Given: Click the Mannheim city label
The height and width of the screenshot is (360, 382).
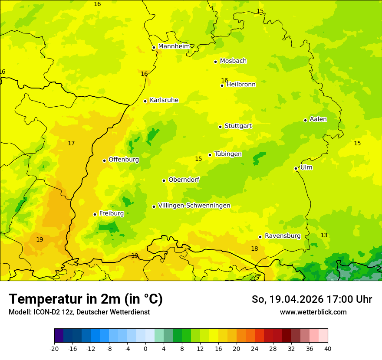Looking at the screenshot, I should (174, 46).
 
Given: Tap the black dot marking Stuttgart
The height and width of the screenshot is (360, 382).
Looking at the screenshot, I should (220, 127).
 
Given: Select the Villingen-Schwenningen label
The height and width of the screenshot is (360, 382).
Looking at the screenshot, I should (194, 206).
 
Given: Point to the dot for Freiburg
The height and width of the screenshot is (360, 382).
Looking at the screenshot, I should (95, 214).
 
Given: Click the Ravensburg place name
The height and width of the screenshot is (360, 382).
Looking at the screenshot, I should (283, 236).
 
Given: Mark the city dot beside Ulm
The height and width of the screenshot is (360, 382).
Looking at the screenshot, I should (296, 168).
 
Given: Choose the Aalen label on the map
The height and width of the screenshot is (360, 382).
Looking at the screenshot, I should (318, 119).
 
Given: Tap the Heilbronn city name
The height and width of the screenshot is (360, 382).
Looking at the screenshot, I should (241, 85).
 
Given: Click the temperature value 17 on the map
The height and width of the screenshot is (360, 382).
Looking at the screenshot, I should (71, 143).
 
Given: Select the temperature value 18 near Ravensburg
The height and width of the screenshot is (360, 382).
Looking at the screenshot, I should (254, 249).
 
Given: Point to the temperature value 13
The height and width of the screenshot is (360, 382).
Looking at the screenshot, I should (324, 235).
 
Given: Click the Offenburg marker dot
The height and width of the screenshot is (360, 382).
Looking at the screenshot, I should (104, 160).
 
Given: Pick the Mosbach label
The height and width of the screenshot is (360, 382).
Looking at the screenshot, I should (233, 61).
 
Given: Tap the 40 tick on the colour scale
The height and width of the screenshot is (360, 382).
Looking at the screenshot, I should (327, 348).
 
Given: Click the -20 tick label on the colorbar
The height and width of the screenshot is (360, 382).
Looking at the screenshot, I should (54, 348).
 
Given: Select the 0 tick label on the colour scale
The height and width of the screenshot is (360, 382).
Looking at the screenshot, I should (145, 348).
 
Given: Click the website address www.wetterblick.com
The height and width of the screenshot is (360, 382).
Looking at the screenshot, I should (313, 312).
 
